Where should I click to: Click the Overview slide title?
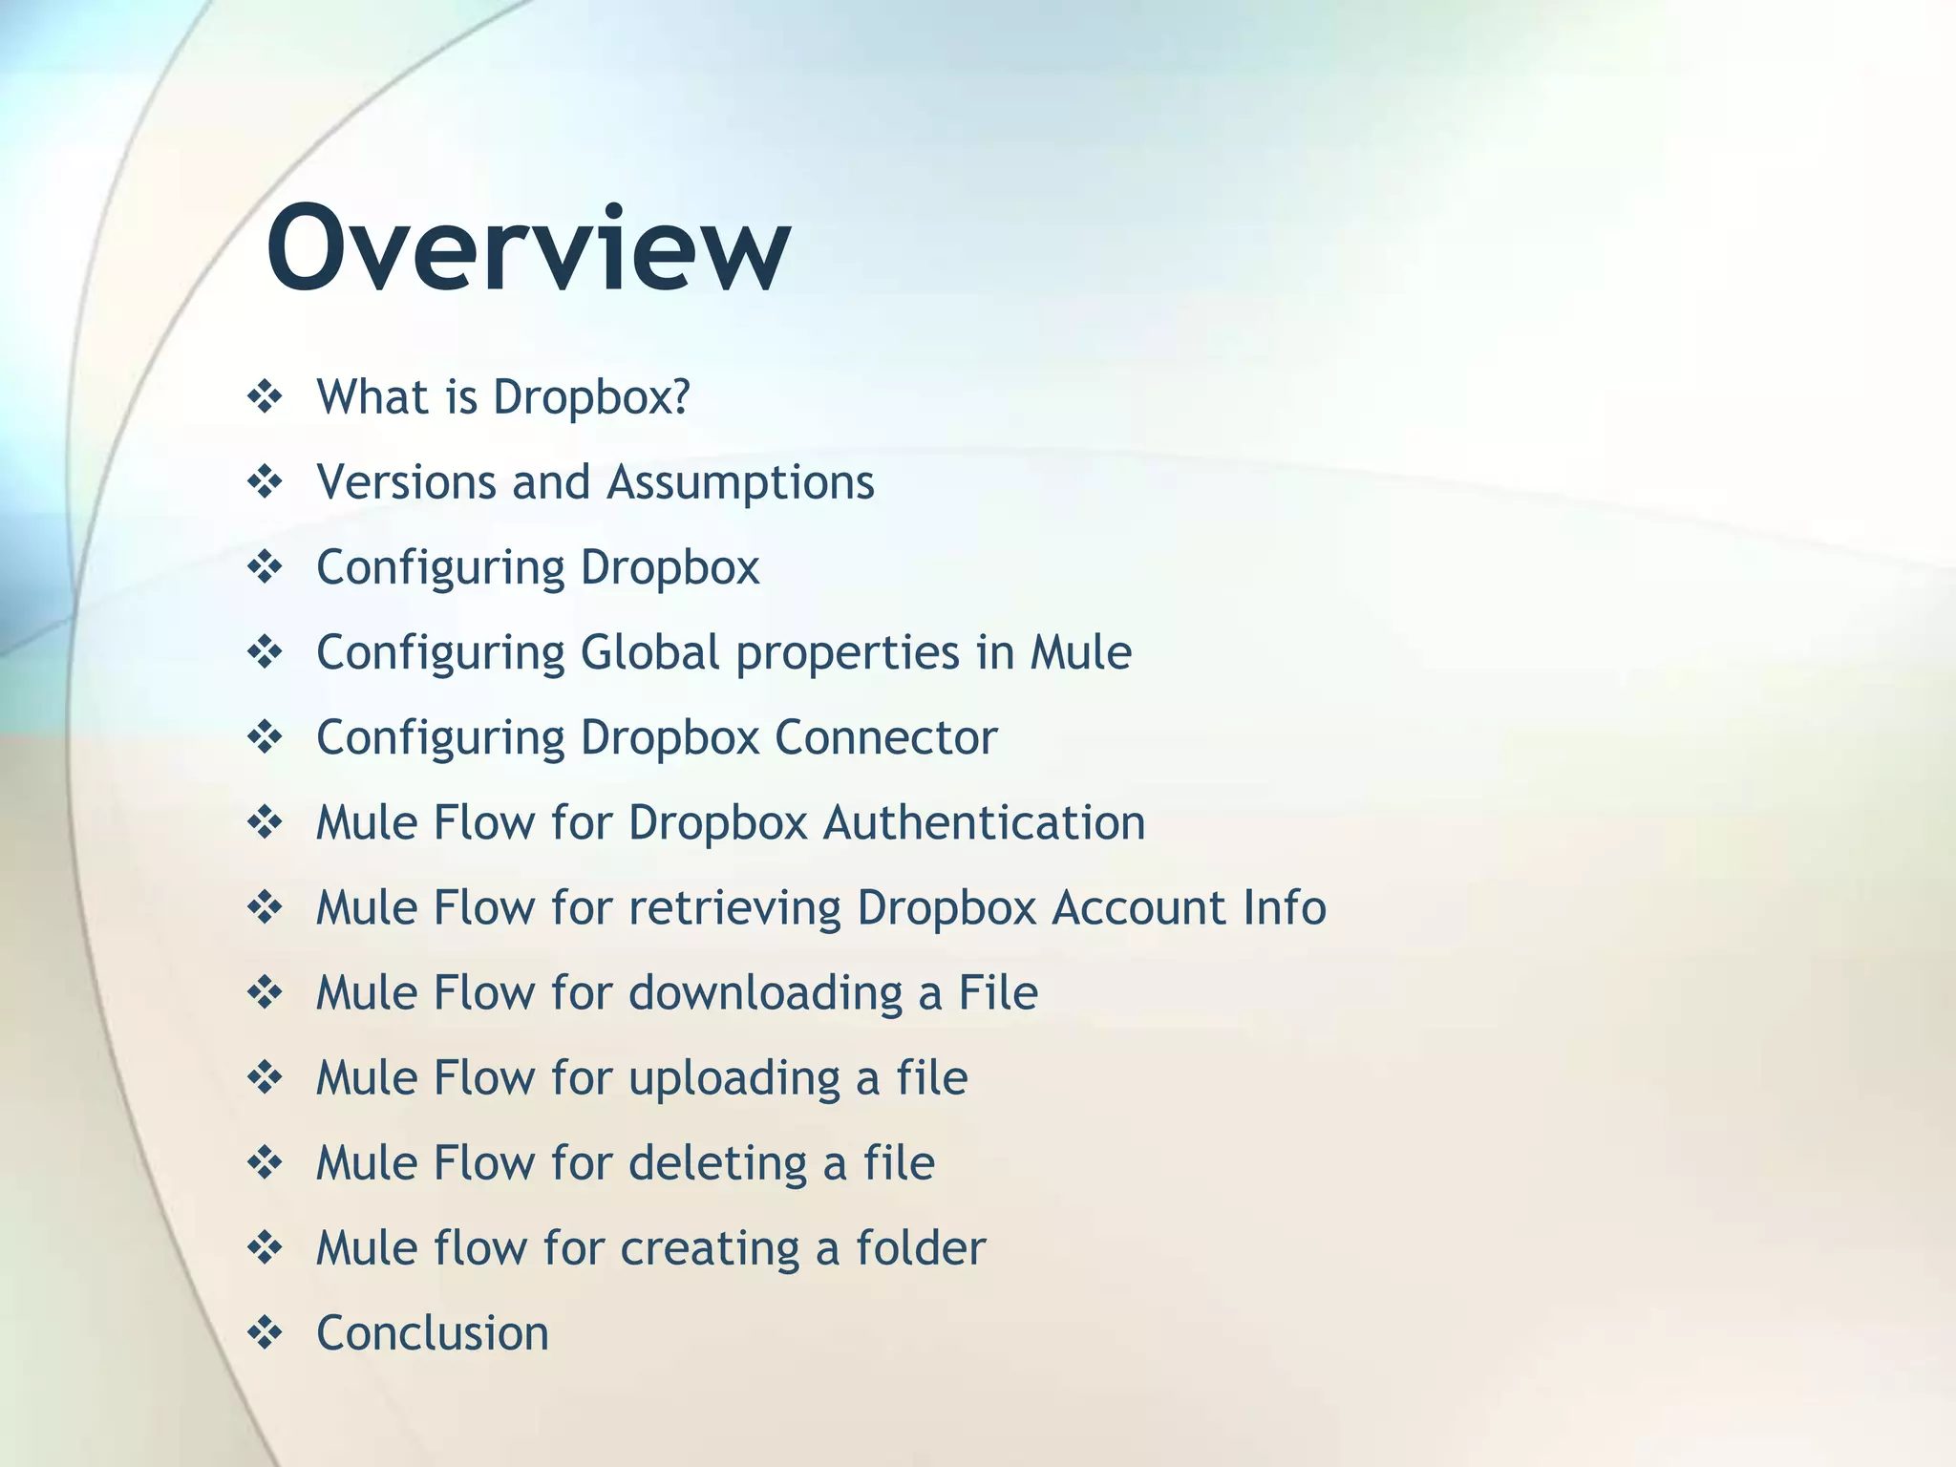[528, 250]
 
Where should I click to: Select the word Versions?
[406, 482]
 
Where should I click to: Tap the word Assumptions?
[741, 482]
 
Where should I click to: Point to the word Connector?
[885, 737]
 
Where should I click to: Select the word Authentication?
[984, 822]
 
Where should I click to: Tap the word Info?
[1285, 907]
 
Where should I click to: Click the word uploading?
[734, 1078]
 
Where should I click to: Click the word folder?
[920, 1248]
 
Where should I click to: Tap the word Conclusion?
[433, 1333]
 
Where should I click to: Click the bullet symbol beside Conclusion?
[265, 1332]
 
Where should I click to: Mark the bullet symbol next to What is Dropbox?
[265, 396]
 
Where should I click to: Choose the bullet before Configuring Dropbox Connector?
[265, 736]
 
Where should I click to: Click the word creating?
[710, 1248]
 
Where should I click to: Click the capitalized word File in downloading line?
[997, 993]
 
